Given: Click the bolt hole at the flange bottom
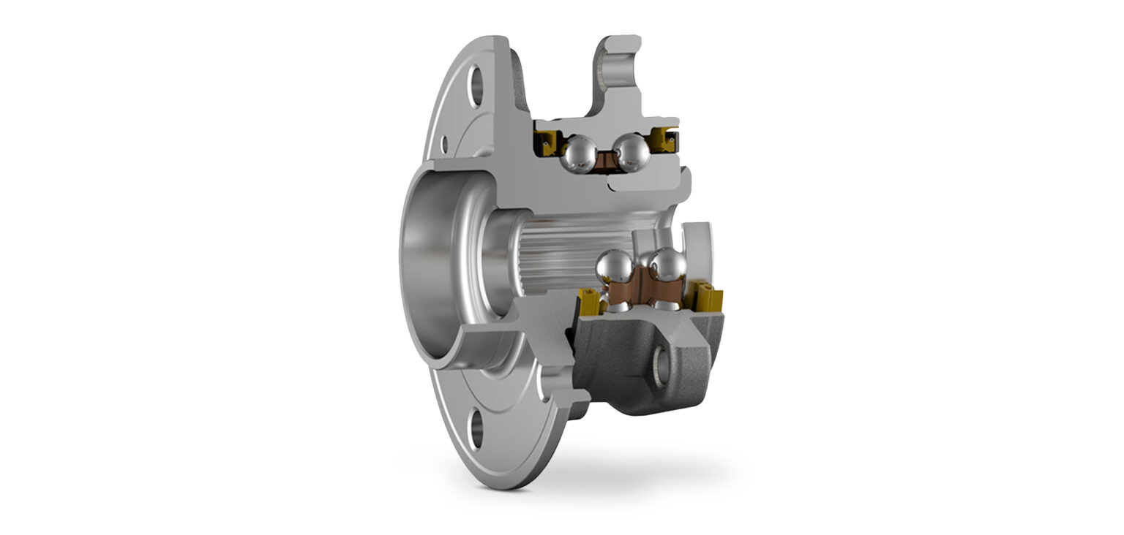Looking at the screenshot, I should (476, 430).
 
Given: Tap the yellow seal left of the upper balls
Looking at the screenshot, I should (545, 141).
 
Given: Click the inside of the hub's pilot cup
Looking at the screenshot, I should (432, 263).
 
